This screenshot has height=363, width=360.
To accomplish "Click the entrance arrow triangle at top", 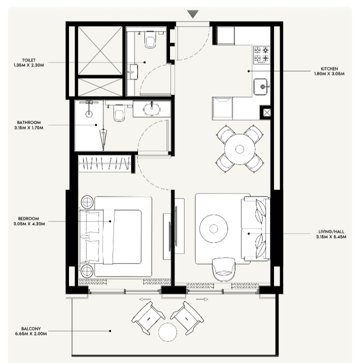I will [193, 14].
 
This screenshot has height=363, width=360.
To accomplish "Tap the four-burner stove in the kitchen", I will [261, 55].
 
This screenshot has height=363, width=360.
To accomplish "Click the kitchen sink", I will [261, 86].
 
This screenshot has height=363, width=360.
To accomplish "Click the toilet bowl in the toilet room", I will [150, 40].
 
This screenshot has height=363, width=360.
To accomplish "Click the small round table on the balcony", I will [166, 332].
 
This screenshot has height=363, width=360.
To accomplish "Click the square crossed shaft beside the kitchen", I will [267, 112].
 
